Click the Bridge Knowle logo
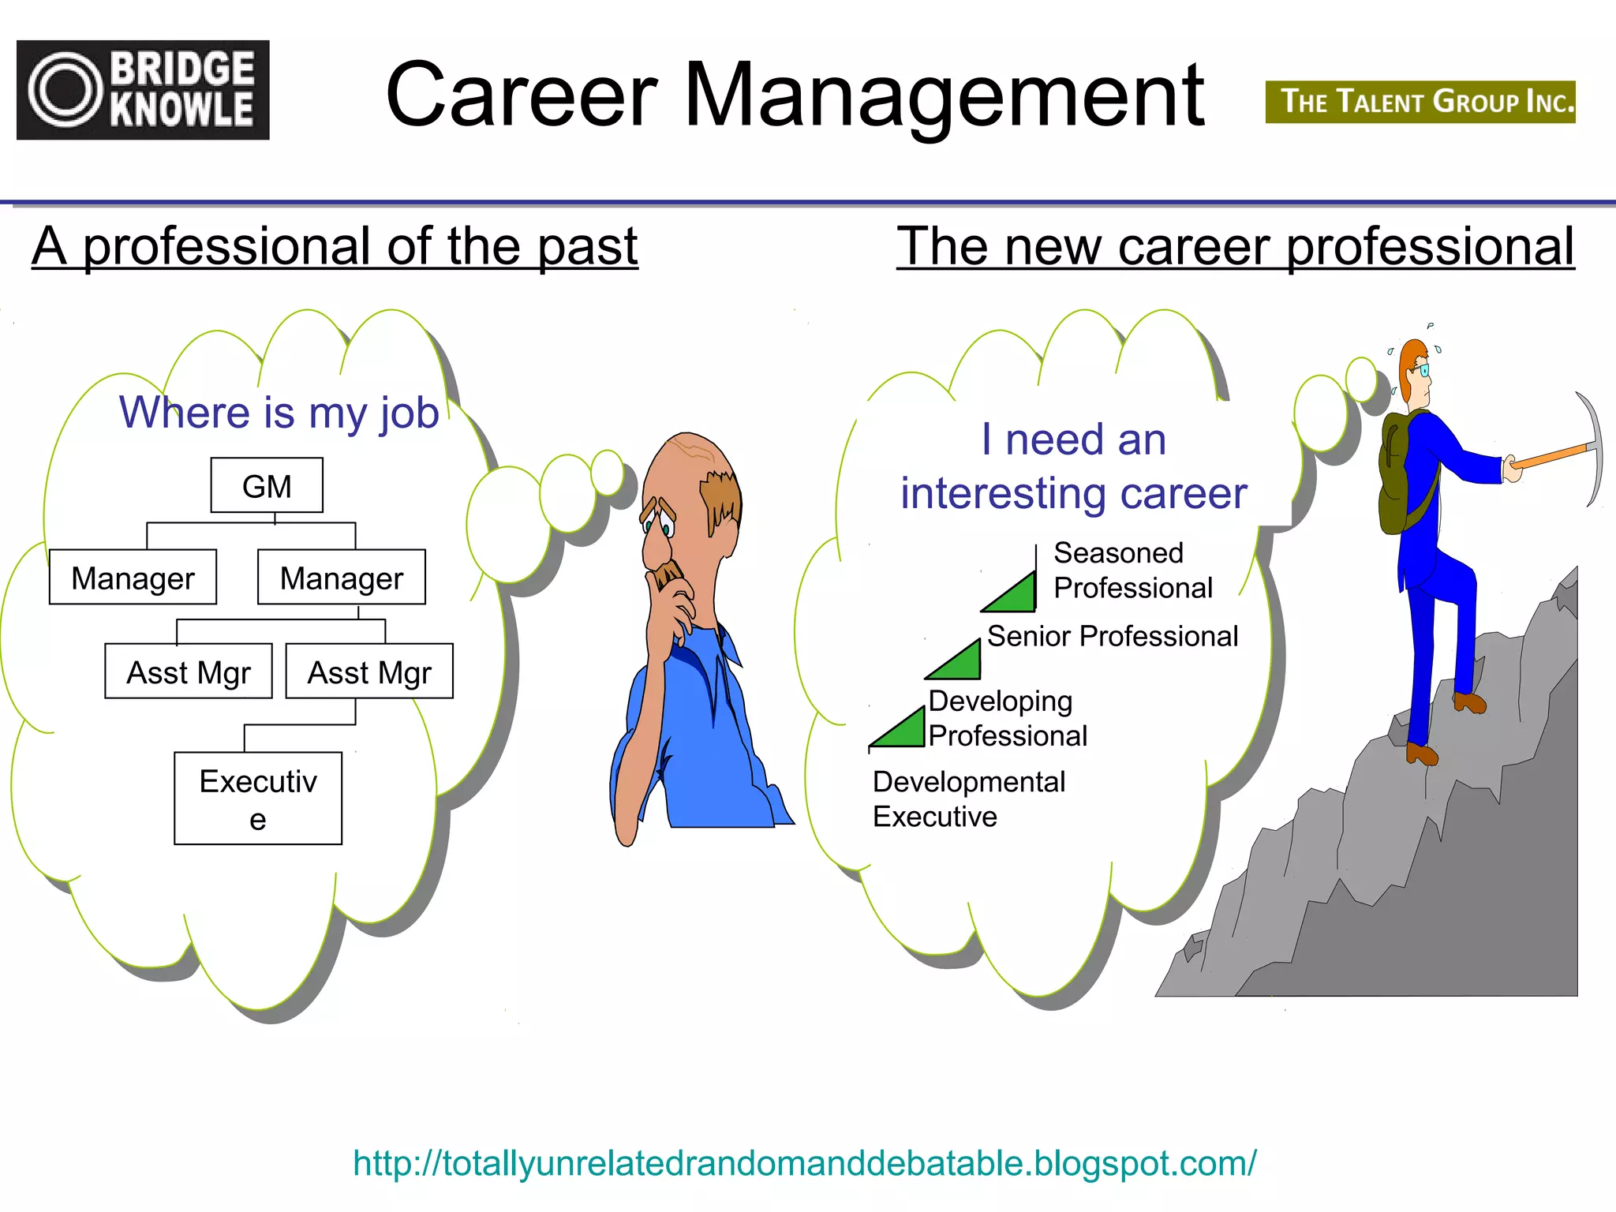(x=143, y=90)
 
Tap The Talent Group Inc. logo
(x=1420, y=102)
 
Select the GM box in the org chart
(x=267, y=485)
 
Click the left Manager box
(x=133, y=578)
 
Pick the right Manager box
(x=342, y=578)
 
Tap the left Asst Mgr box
(x=189, y=671)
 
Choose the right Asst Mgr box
(x=369, y=671)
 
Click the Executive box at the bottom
(x=258, y=799)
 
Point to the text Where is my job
(x=279, y=412)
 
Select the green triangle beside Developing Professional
(x=902, y=730)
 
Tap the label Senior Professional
(x=1112, y=636)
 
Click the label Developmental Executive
(x=969, y=799)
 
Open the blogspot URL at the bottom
(x=804, y=1163)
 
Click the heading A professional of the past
(x=335, y=246)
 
